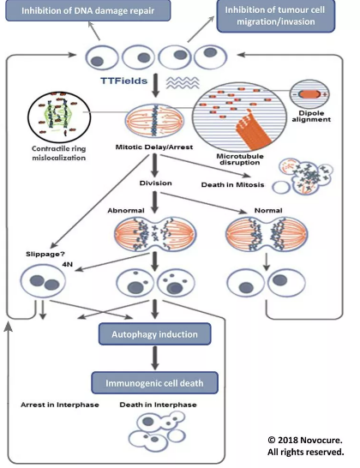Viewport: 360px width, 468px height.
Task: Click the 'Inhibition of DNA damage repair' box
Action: (88, 11)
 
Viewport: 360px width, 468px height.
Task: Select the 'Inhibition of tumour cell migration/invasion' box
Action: (276, 15)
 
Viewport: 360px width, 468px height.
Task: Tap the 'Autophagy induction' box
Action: (154, 334)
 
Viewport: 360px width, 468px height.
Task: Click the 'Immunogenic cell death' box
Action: (154, 383)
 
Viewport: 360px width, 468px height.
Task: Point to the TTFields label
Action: (124, 81)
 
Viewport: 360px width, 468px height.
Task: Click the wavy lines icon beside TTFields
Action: (183, 82)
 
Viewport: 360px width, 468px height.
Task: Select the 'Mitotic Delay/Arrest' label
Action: (154, 147)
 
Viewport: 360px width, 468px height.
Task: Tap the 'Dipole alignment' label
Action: (311, 117)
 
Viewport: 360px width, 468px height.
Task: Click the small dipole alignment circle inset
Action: (310, 94)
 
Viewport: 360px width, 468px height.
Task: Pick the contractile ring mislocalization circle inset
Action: (59, 117)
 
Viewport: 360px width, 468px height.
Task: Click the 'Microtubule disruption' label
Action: (240, 159)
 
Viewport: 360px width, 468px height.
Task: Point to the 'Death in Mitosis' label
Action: (232, 185)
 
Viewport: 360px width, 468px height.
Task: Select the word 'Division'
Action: (155, 183)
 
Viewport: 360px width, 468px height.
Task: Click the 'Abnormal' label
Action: (126, 210)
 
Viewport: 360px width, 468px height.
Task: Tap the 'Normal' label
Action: (268, 210)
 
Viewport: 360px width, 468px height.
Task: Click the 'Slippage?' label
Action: (45, 255)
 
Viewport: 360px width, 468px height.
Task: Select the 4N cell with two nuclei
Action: (43, 281)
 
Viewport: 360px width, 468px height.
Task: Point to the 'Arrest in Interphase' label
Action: (60, 405)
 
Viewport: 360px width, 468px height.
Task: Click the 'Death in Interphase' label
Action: (159, 405)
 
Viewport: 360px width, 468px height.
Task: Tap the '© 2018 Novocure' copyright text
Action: (305, 441)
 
